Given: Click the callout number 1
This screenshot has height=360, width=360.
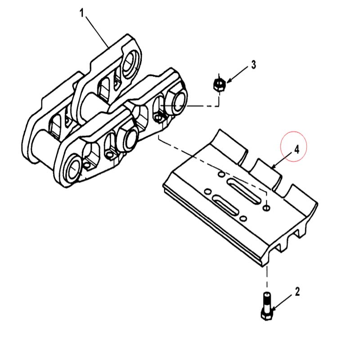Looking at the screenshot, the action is [x=82, y=13].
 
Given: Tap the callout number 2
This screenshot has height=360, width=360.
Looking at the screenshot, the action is [x=297, y=292].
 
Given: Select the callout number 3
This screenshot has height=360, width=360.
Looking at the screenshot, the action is [x=253, y=65].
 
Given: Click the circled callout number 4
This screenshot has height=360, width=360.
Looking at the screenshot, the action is [x=297, y=150].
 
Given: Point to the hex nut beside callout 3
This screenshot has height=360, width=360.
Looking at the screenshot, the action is [x=219, y=85].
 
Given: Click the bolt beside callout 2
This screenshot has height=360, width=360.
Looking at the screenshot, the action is [x=267, y=306].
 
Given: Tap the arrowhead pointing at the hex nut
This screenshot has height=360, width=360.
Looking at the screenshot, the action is [x=229, y=81].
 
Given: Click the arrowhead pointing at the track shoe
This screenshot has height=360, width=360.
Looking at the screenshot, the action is [x=274, y=167].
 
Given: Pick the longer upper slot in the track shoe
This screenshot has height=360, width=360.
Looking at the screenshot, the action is [x=244, y=190].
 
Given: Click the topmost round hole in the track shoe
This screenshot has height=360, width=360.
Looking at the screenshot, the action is [x=221, y=174].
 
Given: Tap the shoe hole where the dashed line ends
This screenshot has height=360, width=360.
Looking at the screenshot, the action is [x=266, y=208].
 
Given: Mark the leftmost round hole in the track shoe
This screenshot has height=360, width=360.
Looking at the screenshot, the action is [x=207, y=191].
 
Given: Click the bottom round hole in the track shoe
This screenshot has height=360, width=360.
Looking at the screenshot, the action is [x=243, y=218].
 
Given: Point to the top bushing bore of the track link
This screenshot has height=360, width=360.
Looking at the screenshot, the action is [x=131, y=62].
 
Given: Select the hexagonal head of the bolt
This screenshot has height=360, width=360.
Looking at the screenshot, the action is [x=267, y=315].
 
